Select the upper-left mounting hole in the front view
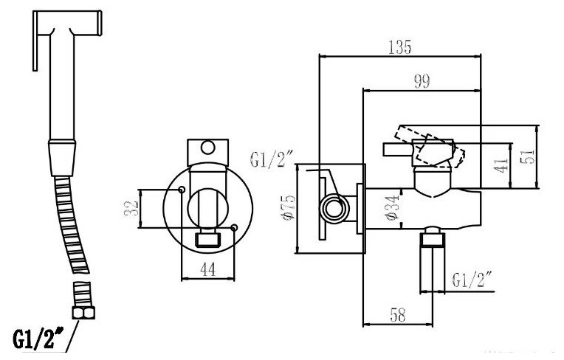pos(182,190)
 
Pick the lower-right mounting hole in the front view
pos(234,227)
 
